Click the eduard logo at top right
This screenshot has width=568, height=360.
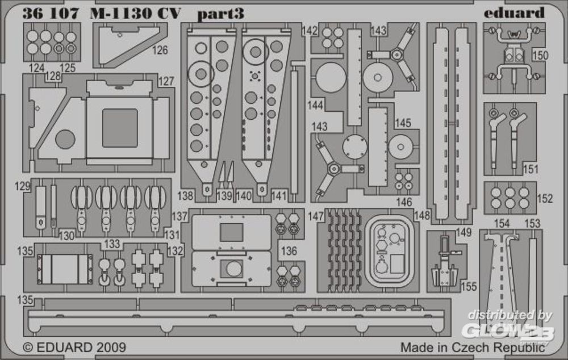click(x=514, y=13)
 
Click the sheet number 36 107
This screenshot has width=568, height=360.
click(x=51, y=14)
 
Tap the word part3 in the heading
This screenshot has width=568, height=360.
click(x=220, y=14)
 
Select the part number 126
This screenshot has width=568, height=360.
click(x=160, y=50)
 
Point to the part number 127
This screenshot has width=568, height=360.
click(x=166, y=82)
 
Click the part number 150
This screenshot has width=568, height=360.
click(x=540, y=56)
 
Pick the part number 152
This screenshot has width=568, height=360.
click(x=545, y=199)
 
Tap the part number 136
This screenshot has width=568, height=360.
click(x=289, y=251)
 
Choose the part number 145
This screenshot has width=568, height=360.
click(x=403, y=123)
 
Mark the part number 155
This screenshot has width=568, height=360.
click(x=469, y=287)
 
